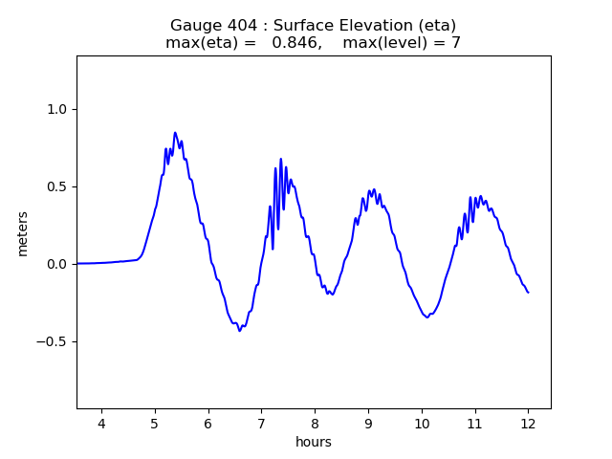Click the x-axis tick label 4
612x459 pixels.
pos(101,424)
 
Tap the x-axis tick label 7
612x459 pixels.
pos(261,424)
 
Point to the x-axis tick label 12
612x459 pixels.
pos(528,424)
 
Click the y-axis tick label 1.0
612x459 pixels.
pos(57,109)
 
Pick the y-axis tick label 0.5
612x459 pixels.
pos(57,186)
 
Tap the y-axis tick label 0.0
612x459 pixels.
pos(57,264)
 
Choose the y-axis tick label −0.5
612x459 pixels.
pos(54,341)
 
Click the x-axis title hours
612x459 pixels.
pos(314,442)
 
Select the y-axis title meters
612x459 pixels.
pos(23,233)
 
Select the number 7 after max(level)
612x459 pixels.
pos(456,43)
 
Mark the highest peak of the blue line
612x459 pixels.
pos(175,133)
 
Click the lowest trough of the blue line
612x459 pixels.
pos(240,330)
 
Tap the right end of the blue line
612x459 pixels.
pos(528,292)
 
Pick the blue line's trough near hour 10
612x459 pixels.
pos(427,317)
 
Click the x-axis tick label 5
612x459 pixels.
pos(155,424)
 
